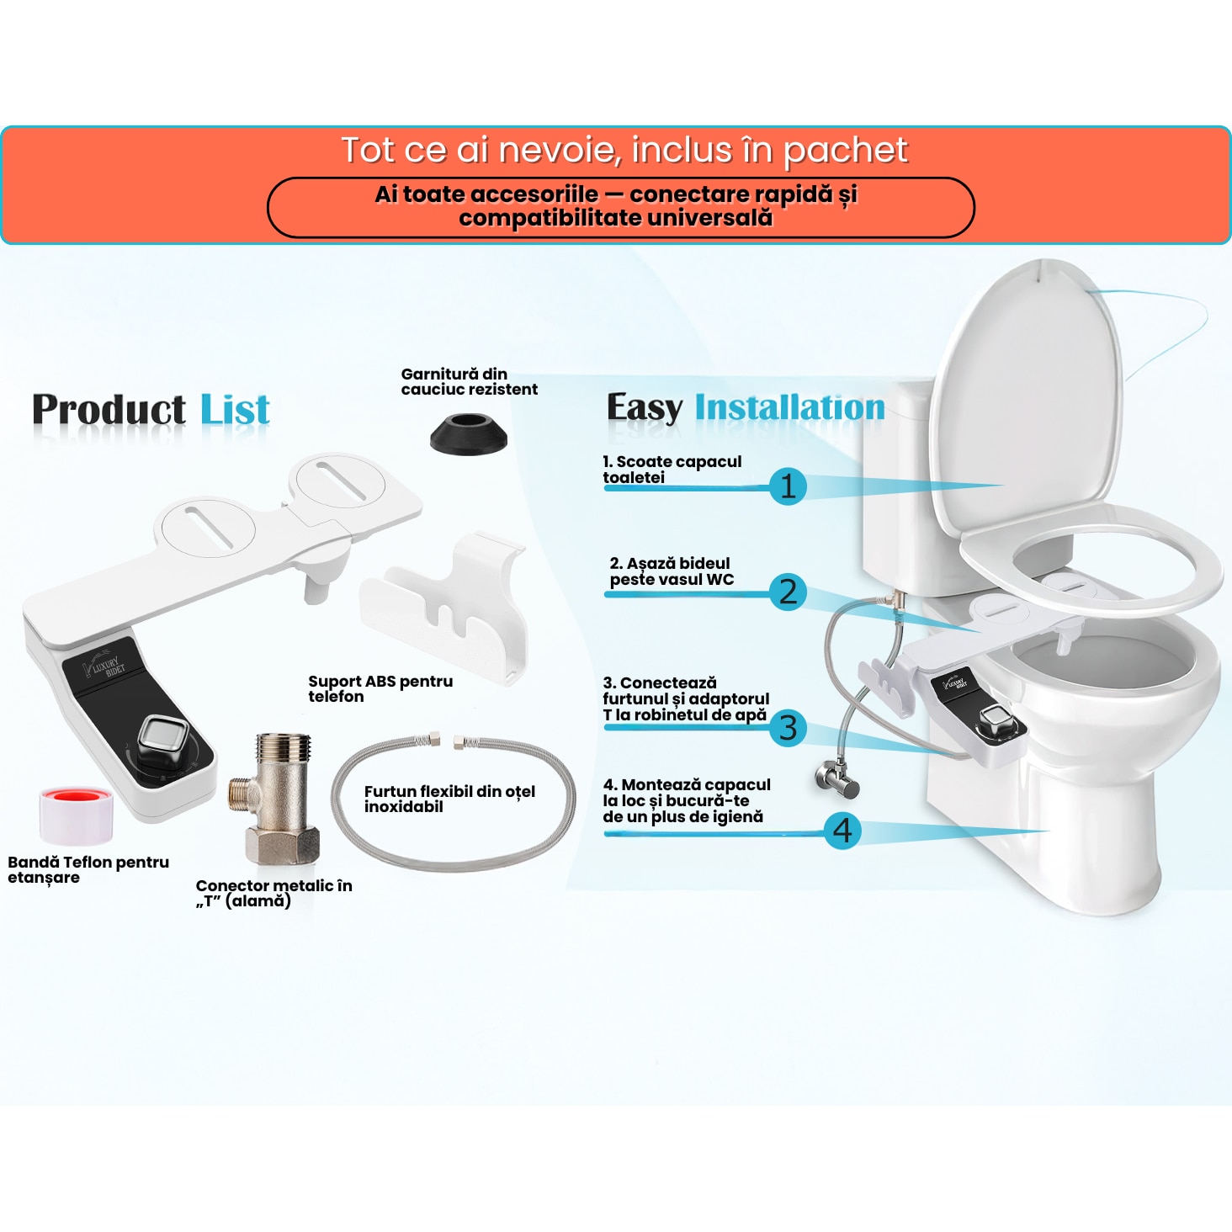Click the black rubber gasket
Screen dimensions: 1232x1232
[469, 433]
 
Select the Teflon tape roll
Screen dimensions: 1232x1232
[76, 815]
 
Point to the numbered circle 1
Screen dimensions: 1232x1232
[788, 486]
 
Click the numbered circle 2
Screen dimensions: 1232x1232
[788, 592]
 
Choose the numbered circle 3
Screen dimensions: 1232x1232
[788, 728]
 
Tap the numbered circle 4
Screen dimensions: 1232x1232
[842, 831]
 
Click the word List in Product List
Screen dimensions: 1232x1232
[235, 409]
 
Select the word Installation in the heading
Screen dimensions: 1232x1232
[789, 407]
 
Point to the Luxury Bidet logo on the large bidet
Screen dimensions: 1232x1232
[104, 664]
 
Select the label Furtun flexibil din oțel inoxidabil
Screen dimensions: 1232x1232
[449, 799]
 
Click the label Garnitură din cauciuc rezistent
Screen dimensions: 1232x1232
[470, 382]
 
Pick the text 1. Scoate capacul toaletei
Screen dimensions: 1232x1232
[672, 470]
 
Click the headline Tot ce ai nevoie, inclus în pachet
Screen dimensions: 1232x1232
[624, 151]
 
